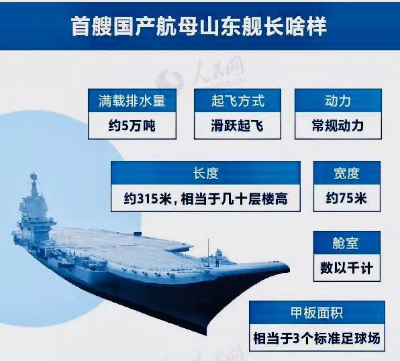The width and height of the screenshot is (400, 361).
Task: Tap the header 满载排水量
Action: [x=136, y=101]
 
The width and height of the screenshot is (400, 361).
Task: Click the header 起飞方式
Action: [x=238, y=101]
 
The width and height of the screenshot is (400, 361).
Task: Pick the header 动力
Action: [x=338, y=101]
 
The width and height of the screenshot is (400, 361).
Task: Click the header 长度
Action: [x=205, y=173]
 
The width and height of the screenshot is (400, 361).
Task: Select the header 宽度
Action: [x=347, y=173]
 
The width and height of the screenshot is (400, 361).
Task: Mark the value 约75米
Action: [x=347, y=199]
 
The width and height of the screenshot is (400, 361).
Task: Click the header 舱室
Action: [x=347, y=243]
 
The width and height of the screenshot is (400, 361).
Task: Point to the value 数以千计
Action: [x=347, y=268]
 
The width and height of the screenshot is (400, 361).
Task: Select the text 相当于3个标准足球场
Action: [x=317, y=338]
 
